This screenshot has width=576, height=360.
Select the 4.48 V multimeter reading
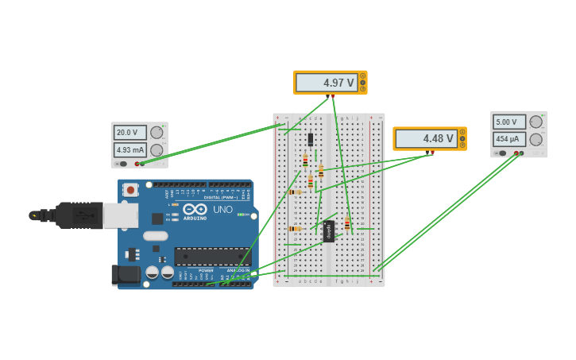(427, 139)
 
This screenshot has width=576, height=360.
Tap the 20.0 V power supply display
(130, 133)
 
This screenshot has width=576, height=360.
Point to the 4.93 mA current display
(130, 149)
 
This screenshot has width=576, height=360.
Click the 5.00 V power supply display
(509, 122)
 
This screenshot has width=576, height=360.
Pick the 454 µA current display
(509, 139)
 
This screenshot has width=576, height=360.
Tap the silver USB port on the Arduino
(120, 215)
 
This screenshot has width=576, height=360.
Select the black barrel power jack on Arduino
(124, 275)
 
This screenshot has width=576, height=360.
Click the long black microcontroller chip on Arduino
(213, 257)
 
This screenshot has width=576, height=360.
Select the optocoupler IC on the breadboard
(329, 231)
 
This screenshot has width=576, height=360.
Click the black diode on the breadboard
(311, 139)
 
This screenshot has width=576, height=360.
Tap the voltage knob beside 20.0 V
(157, 133)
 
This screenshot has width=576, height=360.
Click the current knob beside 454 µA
(536, 139)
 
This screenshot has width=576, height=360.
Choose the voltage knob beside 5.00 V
(536, 122)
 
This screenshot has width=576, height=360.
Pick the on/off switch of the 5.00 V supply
(503, 153)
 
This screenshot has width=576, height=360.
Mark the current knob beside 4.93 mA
(157, 150)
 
